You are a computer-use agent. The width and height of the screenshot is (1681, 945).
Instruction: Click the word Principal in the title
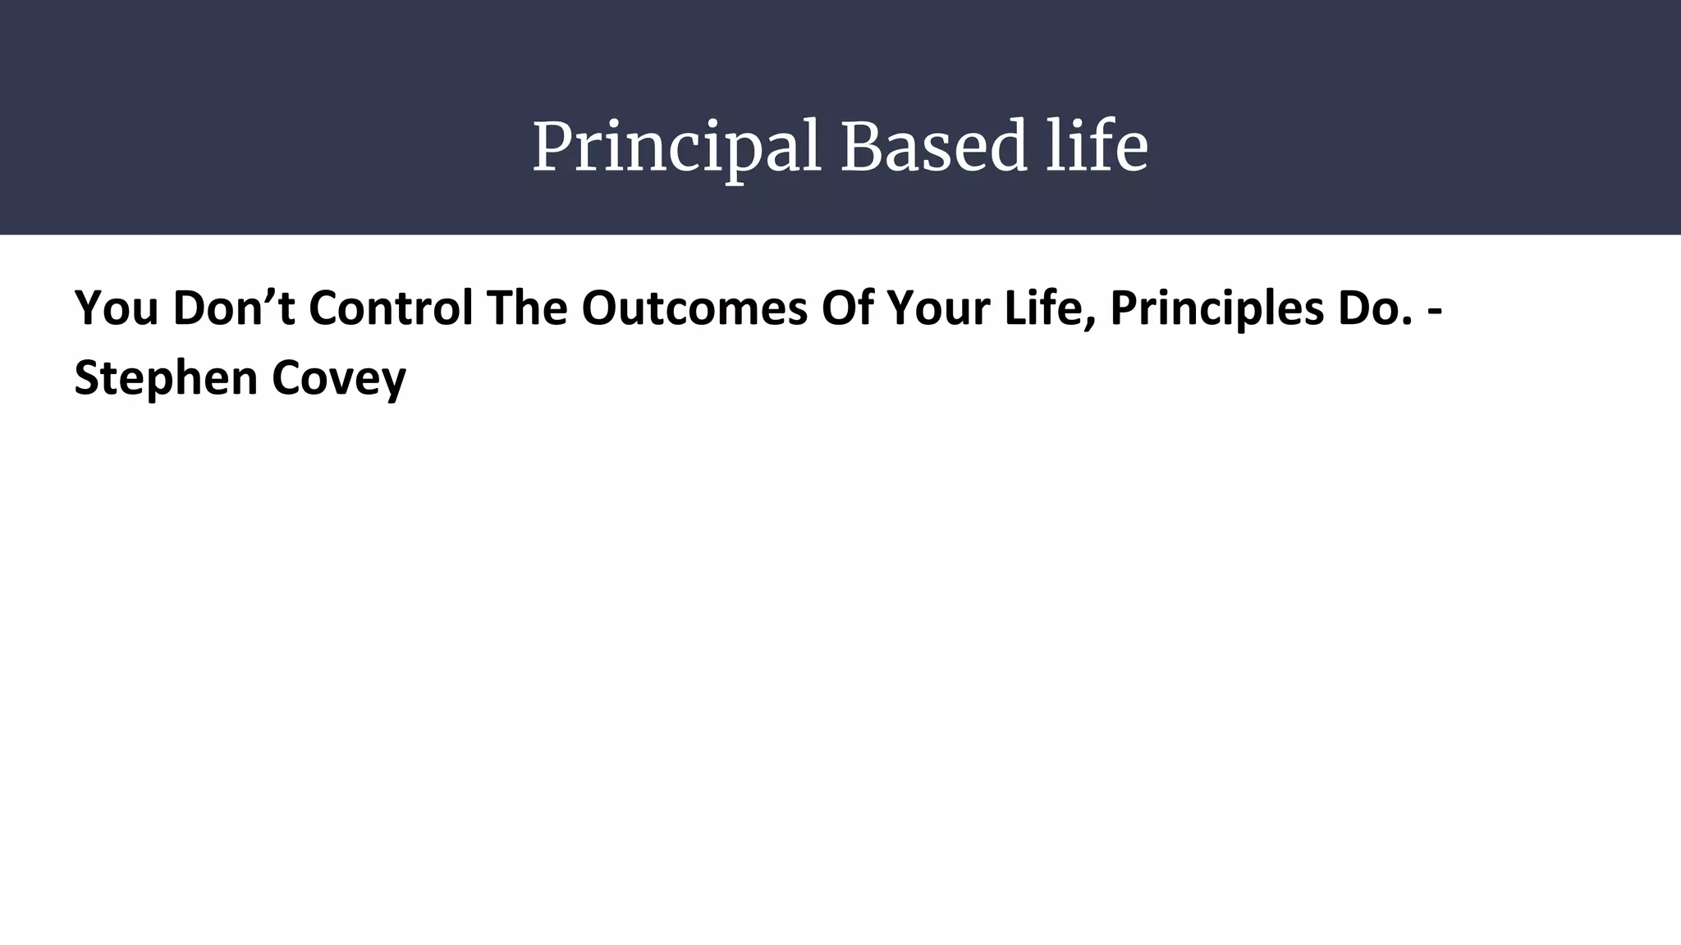pos(676,148)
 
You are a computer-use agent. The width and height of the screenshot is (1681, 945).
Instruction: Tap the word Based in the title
pos(933,148)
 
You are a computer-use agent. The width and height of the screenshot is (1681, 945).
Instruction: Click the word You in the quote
pos(116,308)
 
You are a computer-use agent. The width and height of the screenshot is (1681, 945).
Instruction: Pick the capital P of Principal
pos(552,148)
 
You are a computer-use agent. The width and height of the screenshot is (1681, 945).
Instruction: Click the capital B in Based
pos(859,148)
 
